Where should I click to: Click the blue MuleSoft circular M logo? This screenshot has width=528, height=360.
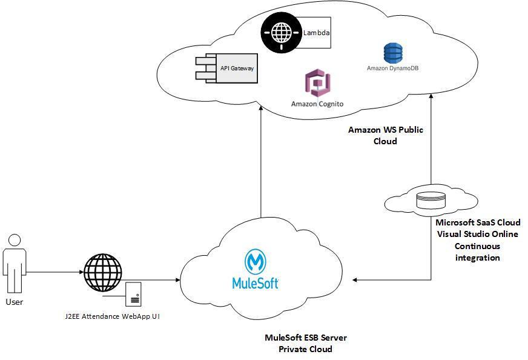[255, 262]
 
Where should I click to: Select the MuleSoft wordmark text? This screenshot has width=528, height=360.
[256, 282]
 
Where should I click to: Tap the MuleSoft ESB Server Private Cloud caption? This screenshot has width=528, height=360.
[305, 343]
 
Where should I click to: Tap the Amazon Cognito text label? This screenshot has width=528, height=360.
[317, 104]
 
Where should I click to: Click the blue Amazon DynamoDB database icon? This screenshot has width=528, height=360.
[392, 53]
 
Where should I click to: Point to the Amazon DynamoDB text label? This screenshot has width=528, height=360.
[392, 68]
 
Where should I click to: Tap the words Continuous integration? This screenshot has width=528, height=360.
[477, 252]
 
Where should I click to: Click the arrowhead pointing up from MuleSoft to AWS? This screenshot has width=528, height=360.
[260, 108]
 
